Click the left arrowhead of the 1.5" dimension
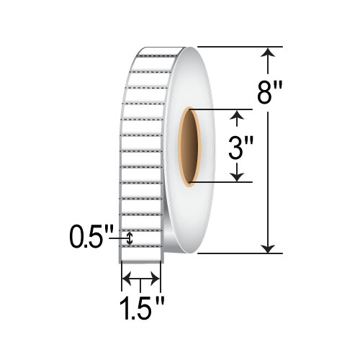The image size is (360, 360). click(125, 277)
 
